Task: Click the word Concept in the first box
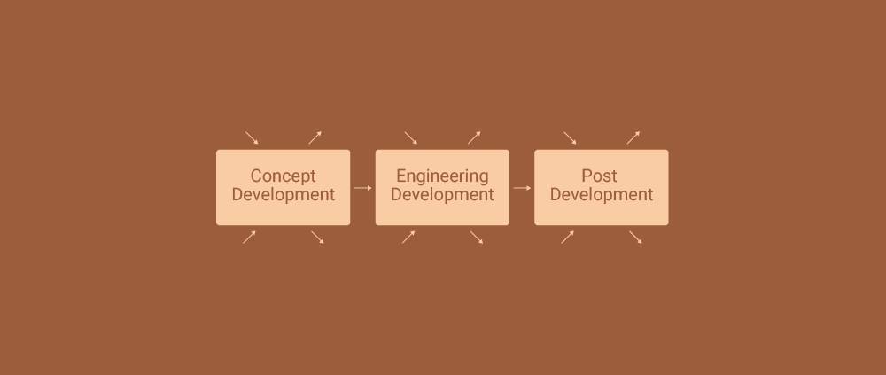(x=284, y=176)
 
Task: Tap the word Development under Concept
(x=284, y=194)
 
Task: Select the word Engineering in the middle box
(x=442, y=176)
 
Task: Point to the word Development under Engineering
(x=442, y=194)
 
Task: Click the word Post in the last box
(x=599, y=176)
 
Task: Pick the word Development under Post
(x=602, y=194)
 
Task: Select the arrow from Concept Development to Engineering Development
(x=362, y=188)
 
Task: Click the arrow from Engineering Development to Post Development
(x=522, y=188)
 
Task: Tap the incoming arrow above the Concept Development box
(x=252, y=138)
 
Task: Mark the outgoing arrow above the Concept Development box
(x=315, y=137)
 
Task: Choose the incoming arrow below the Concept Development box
(x=249, y=237)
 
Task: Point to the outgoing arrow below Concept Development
(x=317, y=238)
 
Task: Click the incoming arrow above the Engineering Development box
(x=411, y=138)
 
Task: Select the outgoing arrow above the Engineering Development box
(x=474, y=137)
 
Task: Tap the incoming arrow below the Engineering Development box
(x=408, y=237)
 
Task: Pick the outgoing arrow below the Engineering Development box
(x=477, y=238)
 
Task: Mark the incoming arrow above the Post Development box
(x=570, y=138)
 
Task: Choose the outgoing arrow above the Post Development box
(x=633, y=137)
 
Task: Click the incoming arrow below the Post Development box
(x=568, y=237)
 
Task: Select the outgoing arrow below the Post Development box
(x=635, y=238)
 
